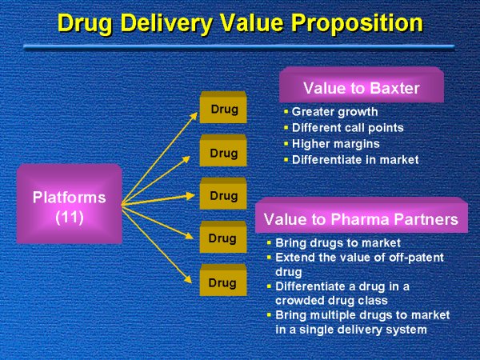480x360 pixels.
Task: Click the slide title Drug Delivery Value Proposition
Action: click(x=240, y=22)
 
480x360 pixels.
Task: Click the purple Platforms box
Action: click(x=69, y=204)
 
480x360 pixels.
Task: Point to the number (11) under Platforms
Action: click(x=69, y=216)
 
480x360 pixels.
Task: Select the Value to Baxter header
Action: click(x=361, y=87)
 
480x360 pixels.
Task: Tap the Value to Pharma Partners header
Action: click(x=361, y=218)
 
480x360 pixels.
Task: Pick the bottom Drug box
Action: click(x=222, y=282)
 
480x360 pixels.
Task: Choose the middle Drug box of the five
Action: click(x=222, y=196)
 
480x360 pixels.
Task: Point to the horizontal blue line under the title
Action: click(x=240, y=48)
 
